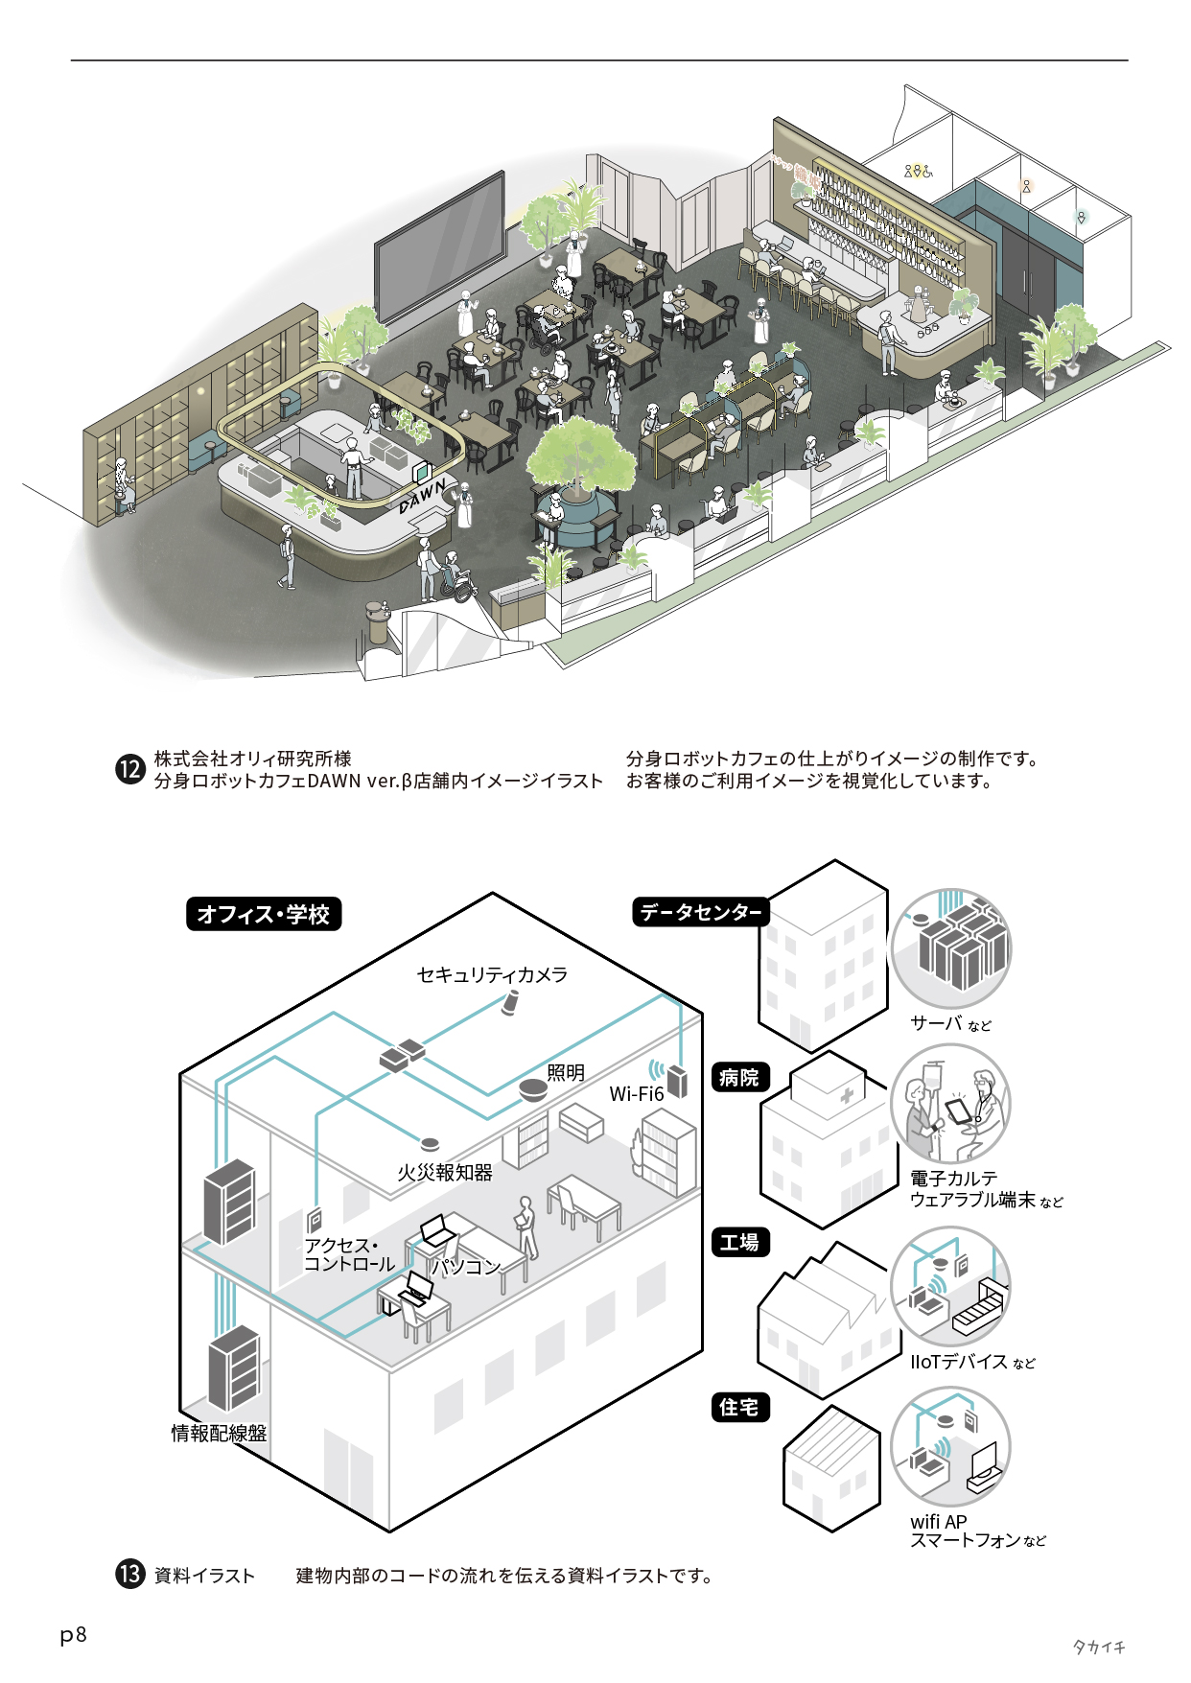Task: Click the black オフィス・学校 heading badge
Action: pyautogui.click(x=263, y=914)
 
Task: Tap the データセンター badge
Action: pyautogui.click(x=701, y=912)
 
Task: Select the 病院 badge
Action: pyautogui.click(x=739, y=1077)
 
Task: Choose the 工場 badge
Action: pyautogui.click(x=739, y=1243)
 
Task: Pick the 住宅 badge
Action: pyautogui.click(x=739, y=1407)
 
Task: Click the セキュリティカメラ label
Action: pyautogui.click(x=492, y=975)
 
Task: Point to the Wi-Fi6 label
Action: pyautogui.click(x=637, y=1094)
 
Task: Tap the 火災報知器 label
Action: pyautogui.click(x=445, y=1173)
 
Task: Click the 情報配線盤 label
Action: pyautogui.click(x=219, y=1433)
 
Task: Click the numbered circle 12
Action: pyautogui.click(x=129, y=769)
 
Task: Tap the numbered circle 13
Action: pyautogui.click(x=129, y=1575)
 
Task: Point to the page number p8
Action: pyautogui.click(x=73, y=1635)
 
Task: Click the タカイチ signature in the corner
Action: pyautogui.click(x=1098, y=1647)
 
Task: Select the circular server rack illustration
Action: pyautogui.click(x=950, y=947)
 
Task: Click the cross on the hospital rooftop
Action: pyautogui.click(x=847, y=1095)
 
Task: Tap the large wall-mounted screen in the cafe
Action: pyautogui.click(x=440, y=245)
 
